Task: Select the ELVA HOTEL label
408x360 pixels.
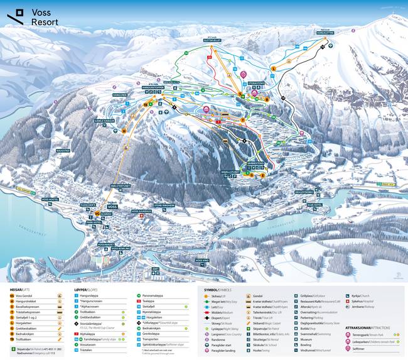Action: click(314, 204)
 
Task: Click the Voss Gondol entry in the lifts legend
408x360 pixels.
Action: click(25, 296)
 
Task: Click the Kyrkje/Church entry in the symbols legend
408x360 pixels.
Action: click(360, 295)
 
